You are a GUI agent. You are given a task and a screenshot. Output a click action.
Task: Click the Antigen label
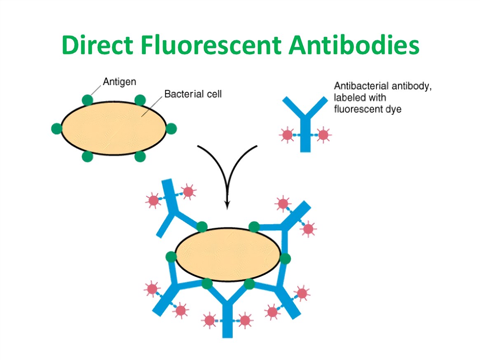(119, 82)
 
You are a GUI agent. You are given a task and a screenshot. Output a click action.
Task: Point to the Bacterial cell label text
(193, 94)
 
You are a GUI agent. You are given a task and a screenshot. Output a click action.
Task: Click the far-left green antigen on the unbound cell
(56, 129)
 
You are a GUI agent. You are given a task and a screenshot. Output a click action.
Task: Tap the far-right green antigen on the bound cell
(285, 259)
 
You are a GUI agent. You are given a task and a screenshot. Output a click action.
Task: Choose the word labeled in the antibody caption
(348, 98)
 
